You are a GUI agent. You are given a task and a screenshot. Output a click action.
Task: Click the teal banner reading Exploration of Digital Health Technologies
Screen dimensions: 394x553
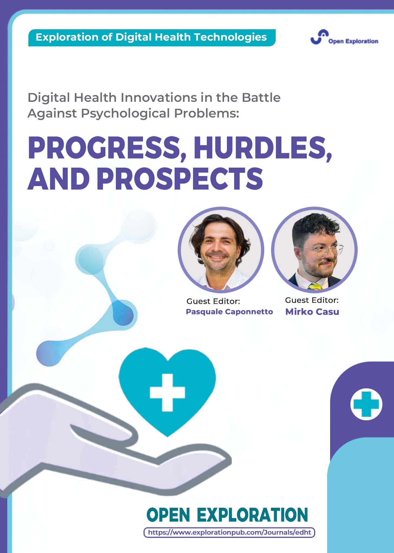[152, 38]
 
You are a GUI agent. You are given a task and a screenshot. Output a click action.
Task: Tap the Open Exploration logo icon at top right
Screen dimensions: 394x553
[320, 37]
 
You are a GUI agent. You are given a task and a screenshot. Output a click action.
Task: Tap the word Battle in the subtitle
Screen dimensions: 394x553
[261, 97]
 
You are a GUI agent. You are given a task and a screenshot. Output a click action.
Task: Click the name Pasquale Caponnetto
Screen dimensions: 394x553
[229, 312]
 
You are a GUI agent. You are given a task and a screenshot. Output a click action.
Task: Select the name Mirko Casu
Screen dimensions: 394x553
[312, 312]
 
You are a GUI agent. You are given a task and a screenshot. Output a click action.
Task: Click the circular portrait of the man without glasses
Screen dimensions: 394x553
[221, 250]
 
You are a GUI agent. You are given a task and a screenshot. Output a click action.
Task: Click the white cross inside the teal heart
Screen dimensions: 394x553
[167, 392]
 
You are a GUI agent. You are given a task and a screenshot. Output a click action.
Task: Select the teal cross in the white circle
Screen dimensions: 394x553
[366, 404]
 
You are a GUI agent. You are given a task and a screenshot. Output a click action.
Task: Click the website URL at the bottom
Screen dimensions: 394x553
[229, 532]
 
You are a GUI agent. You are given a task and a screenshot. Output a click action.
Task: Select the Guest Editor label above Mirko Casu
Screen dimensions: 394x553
[312, 300]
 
